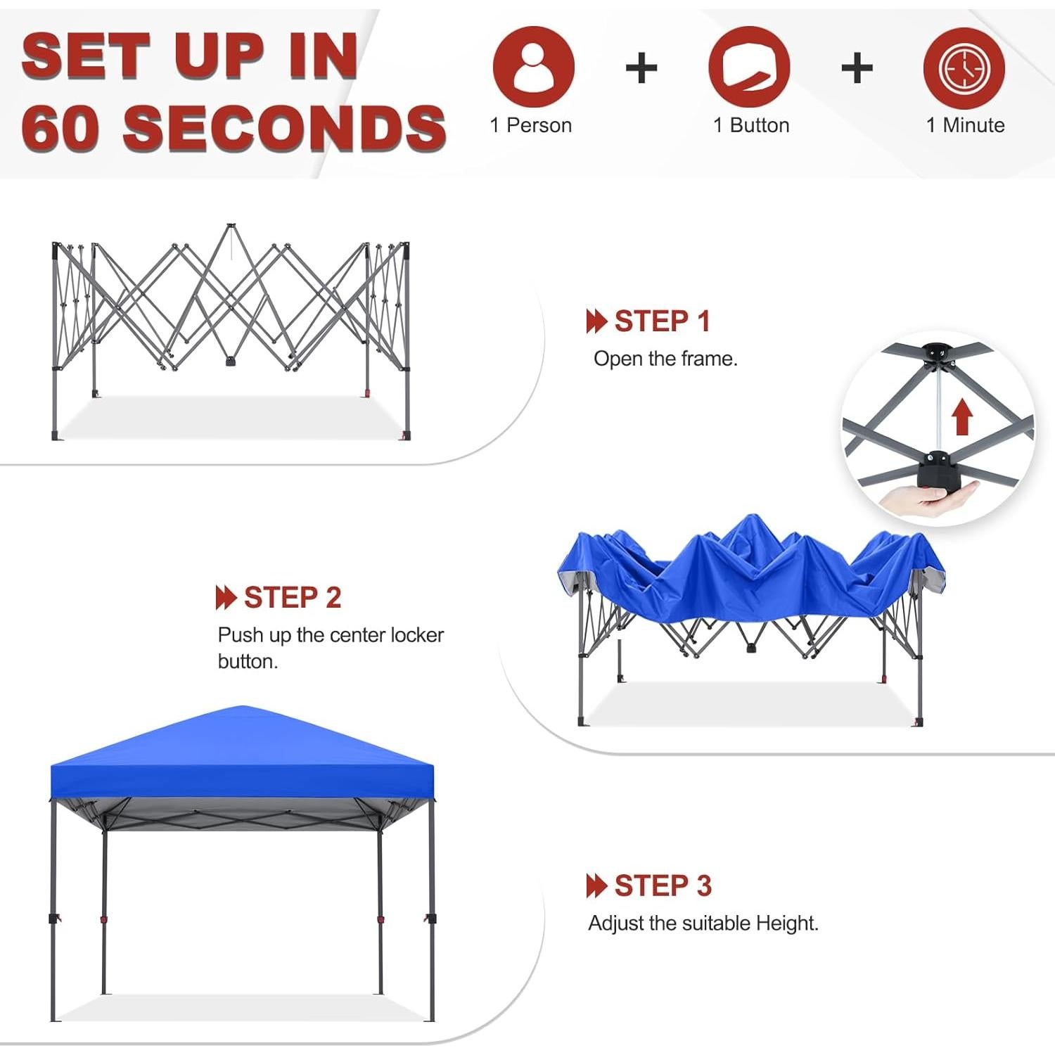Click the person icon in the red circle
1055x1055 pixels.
click(534, 67)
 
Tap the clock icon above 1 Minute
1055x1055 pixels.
click(964, 68)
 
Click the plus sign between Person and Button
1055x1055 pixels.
click(641, 68)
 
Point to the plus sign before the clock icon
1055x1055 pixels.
click(856, 68)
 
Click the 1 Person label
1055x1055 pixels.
click(530, 125)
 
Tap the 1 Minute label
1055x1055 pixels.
click(965, 125)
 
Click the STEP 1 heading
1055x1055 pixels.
click(661, 321)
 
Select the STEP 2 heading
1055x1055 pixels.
click(292, 598)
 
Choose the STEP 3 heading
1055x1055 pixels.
click(663, 885)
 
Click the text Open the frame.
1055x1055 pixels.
click(665, 359)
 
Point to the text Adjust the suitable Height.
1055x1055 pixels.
click(703, 923)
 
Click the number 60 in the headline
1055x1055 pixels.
click(63, 128)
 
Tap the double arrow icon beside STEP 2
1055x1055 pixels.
click(225, 598)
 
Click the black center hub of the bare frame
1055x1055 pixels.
click(231, 362)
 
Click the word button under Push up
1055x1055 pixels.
click(248, 662)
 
